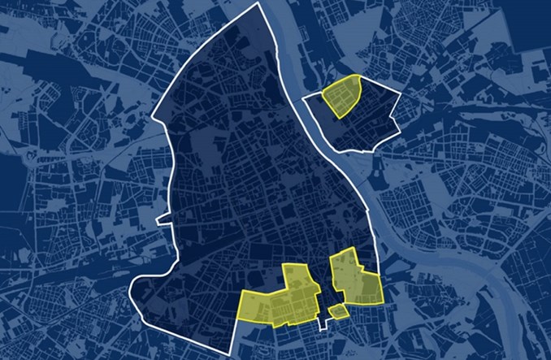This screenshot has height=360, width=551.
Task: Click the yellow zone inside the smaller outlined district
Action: point(341,96)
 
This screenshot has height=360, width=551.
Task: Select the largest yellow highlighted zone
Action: point(280,299)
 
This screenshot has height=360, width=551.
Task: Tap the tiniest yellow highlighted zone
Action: point(337,310)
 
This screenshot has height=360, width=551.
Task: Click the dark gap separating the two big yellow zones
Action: point(324,280)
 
